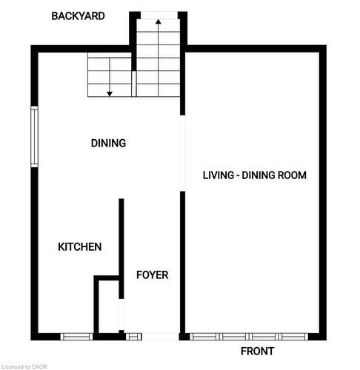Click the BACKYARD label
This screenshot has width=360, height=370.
78,16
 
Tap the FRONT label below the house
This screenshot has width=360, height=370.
258,351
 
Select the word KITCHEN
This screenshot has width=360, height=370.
79,247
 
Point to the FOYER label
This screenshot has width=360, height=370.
152,275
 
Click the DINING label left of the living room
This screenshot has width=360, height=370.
108,143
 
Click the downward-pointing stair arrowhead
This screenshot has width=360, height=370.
110,92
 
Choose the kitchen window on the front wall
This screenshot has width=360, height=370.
76,337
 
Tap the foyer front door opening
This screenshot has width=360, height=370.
159,337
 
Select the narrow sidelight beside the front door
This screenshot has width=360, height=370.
133,337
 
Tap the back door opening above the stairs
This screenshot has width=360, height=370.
158,15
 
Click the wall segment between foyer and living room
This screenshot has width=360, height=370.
182,259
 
